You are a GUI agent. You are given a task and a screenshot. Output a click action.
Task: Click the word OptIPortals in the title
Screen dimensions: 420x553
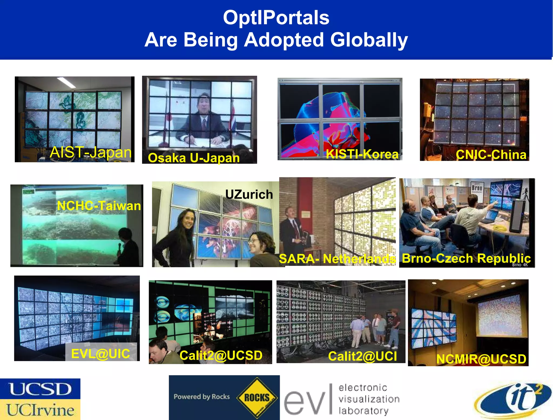pos(276,18)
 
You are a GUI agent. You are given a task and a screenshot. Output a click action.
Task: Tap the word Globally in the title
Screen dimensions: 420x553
pos(369,40)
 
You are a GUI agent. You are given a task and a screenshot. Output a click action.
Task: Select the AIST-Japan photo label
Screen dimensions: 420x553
pos(91,152)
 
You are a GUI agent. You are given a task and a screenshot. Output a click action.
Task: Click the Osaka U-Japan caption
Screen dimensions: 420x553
pos(194,158)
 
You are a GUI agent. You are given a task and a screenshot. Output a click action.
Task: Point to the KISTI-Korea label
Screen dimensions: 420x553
pos(362,154)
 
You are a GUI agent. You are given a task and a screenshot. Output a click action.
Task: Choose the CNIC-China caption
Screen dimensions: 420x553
pos(491,155)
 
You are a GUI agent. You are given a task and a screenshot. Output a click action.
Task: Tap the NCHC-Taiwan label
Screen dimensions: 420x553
pos(99,206)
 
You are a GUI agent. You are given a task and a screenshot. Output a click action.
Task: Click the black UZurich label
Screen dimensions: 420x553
pos(249,194)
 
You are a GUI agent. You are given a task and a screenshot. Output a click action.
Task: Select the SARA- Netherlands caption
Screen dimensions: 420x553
pos(337,259)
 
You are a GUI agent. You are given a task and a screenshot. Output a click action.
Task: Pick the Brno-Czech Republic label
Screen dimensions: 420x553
pos(466,258)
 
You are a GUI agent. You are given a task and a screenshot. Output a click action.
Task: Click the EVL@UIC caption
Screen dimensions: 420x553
pos(100,354)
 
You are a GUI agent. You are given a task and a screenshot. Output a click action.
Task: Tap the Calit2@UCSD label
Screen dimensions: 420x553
pos(221,355)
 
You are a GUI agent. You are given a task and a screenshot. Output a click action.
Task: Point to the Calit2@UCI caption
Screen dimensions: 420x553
pos(362,356)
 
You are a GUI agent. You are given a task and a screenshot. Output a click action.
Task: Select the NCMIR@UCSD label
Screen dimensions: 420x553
pos(481,359)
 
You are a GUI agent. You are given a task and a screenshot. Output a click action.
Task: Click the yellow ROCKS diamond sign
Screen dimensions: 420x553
pos(257,398)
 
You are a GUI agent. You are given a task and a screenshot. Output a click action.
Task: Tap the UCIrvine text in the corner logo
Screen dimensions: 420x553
pos(40,410)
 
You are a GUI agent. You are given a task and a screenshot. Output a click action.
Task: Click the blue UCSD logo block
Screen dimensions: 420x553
pos(40,389)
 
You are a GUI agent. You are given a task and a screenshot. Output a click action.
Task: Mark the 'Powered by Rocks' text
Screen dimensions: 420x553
pos(202,397)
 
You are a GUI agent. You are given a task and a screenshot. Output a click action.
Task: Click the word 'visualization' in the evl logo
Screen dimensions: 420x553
pos(369,399)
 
